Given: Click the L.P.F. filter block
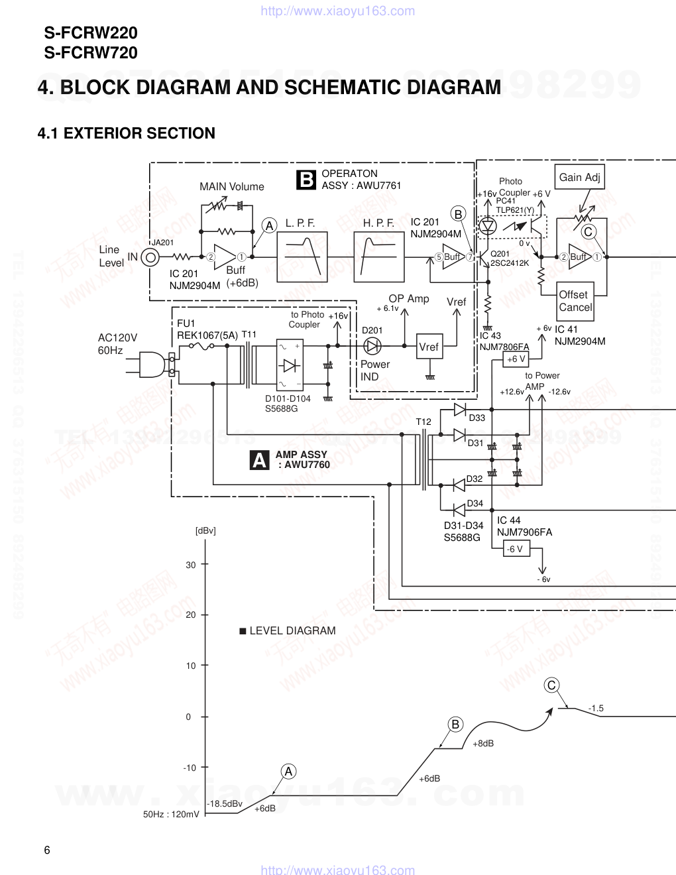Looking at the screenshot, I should [x=302, y=257].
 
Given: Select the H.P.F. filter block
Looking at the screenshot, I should [x=378, y=257].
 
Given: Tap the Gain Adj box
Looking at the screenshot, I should [x=579, y=177].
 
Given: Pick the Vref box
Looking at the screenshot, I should [x=428, y=347].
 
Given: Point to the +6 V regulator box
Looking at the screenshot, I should [x=516, y=359].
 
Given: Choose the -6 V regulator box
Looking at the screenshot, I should [x=514, y=549].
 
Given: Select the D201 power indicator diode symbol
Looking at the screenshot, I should [x=372, y=345].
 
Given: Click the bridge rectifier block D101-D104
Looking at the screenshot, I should [x=290, y=365].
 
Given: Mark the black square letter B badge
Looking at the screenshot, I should [x=306, y=180].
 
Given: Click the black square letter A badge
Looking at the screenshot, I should [x=260, y=460].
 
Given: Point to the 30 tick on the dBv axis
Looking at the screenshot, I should [x=205, y=565].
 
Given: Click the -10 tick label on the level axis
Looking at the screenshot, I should [x=190, y=768].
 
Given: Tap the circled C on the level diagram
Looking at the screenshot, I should [x=551, y=685].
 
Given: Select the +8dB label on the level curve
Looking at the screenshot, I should [x=483, y=743].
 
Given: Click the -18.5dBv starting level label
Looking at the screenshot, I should [x=225, y=803].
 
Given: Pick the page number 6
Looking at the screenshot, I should [x=46, y=850].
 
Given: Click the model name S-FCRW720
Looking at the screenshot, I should [x=91, y=52].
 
